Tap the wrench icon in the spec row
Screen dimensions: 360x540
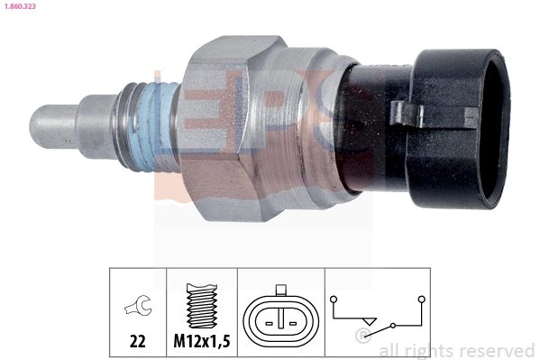point(138,308)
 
